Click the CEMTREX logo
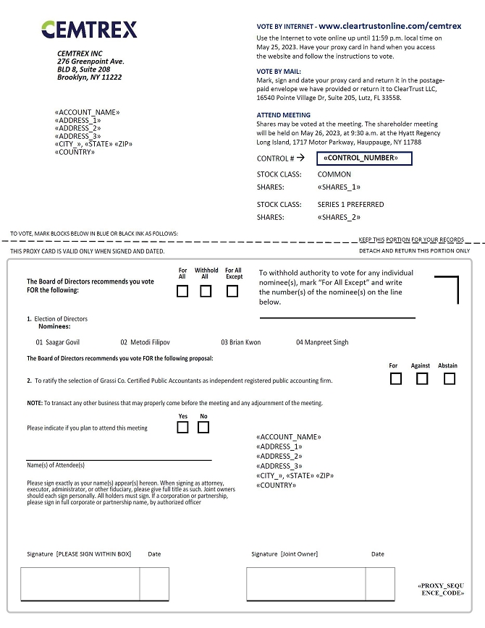[x=89, y=30]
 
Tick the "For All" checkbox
[x=182, y=292]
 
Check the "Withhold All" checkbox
[x=206, y=292]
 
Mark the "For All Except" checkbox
[x=232, y=292]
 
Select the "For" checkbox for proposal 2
[x=395, y=378]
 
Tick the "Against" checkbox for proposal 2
[x=422, y=378]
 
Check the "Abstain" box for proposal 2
[x=450, y=378]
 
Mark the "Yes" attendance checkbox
[x=182, y=427]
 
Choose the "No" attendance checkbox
[x=203, y=427]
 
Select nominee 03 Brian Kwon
[x=241, y=342]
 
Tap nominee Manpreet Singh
[x=322, y=342]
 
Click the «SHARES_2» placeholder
[x=339, y=217]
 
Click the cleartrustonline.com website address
[x=389, y=25]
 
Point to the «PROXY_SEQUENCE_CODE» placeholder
[x=442, y=588]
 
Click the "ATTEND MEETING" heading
[x=284, y=115]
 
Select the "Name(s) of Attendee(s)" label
[x=56, y=465]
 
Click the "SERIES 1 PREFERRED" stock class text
[x=350, y=205]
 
